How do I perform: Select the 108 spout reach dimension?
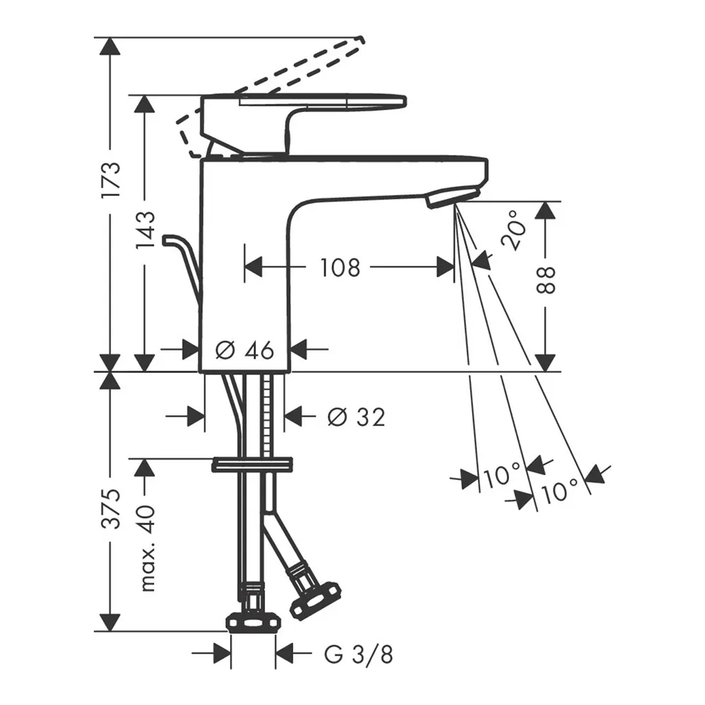[x=340, y=267]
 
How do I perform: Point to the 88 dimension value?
[x=546, y=281]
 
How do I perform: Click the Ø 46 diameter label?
[x=245, y=350]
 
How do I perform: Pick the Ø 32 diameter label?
[x=357, y=417]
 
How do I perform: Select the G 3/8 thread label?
[x=359, y=655]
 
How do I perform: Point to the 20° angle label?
[x=513, y=229]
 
